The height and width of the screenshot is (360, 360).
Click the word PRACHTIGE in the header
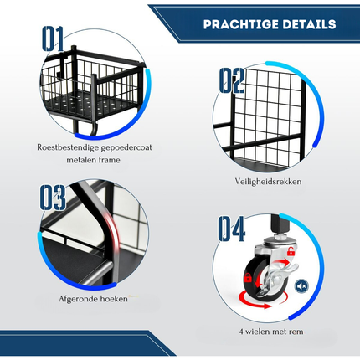pos(237,24)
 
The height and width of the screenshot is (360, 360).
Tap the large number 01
pos(53,39)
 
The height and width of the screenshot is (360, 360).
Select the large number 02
pos(232,80)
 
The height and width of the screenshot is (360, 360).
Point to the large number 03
pos(53,198)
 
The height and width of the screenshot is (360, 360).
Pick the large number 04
pos(232,229)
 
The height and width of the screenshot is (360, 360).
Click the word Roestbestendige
pos(67,147)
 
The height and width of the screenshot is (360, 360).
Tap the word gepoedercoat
pos(126,147)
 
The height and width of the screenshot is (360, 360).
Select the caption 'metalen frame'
pos(93,160)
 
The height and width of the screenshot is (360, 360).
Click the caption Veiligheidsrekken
pos(268,182)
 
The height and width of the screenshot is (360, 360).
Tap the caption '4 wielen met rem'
pos(271,332)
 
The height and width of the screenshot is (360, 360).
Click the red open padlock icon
pos(291,251)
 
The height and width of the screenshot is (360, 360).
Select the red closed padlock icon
pos(248,278)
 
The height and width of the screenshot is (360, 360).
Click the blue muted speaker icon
pos(301,286)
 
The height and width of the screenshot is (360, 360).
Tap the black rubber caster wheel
pos(256,277)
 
